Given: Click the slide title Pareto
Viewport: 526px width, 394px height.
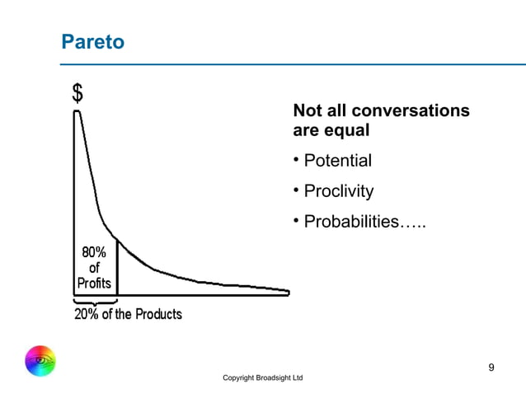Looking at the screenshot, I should (93, 41).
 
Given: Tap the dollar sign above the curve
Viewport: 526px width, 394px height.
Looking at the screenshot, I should (77, 93).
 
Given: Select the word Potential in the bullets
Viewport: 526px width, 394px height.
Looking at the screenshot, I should (337, 160).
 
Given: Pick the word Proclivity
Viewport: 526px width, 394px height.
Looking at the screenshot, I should (338, 191).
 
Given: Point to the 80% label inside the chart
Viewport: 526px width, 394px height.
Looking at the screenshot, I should (93, 253).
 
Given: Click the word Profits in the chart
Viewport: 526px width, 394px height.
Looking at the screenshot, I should (94, 283).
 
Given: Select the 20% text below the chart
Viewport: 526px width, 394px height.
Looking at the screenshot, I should (87, 314).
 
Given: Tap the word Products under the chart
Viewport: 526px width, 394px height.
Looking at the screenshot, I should (158, 314).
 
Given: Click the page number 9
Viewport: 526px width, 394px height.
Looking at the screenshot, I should (491, 367).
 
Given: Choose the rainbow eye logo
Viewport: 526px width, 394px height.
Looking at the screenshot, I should (40, 360).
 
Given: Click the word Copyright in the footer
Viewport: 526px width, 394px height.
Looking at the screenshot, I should (240, 378).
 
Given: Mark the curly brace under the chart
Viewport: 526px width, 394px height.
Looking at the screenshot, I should (95, 302).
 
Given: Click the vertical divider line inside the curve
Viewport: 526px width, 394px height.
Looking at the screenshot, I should (117, 267).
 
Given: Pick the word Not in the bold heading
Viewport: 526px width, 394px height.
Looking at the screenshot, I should (307, 110).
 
